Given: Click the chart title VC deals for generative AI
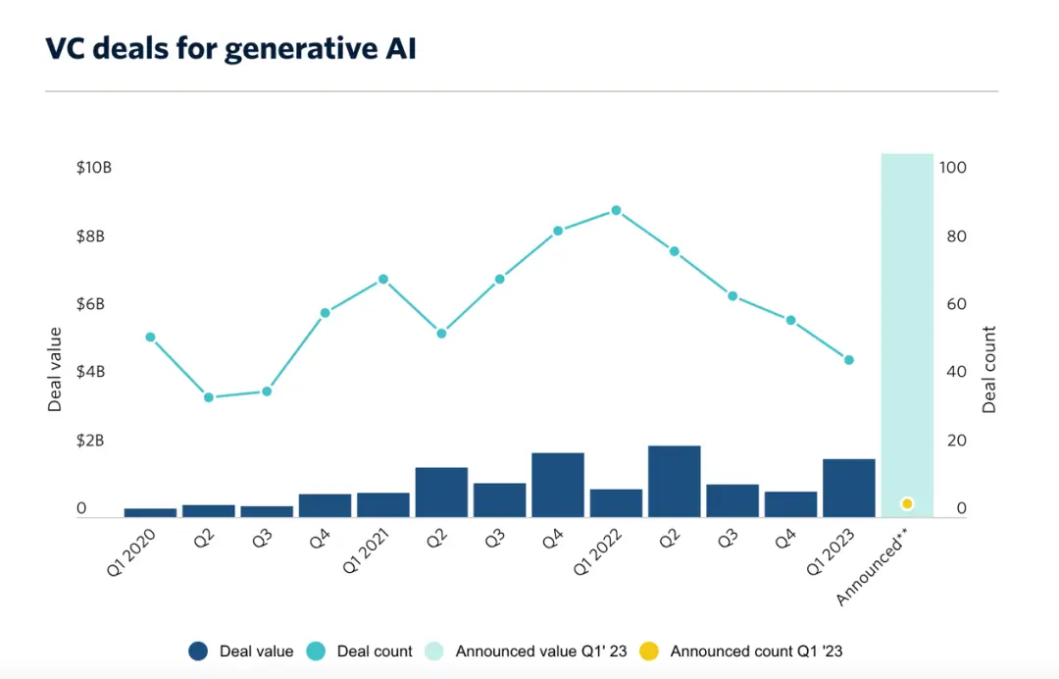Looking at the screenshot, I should [x=230, y=48].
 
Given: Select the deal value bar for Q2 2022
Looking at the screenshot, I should [x=674, y=481].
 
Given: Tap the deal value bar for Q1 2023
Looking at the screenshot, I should [x=849, y=488].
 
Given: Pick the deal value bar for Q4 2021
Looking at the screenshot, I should [x=558, y=485].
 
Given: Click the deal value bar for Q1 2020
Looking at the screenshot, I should [x=150, y=512].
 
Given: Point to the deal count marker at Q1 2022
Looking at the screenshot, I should [x=616, y=210].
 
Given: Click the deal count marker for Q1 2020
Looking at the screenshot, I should [x=150, y=337].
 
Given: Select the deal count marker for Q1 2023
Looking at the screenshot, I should [x=849, y=360].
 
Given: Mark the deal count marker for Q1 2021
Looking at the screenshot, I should [x=383, y=279].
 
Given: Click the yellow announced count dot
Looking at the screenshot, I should [x=907, y=503].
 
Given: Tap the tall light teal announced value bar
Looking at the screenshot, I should [x=907, y=324].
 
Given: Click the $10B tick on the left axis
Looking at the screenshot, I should [x=94, y=168].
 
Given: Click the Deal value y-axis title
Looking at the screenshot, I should [x=55, y=369].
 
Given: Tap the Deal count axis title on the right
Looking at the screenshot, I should [x=989, y=369].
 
